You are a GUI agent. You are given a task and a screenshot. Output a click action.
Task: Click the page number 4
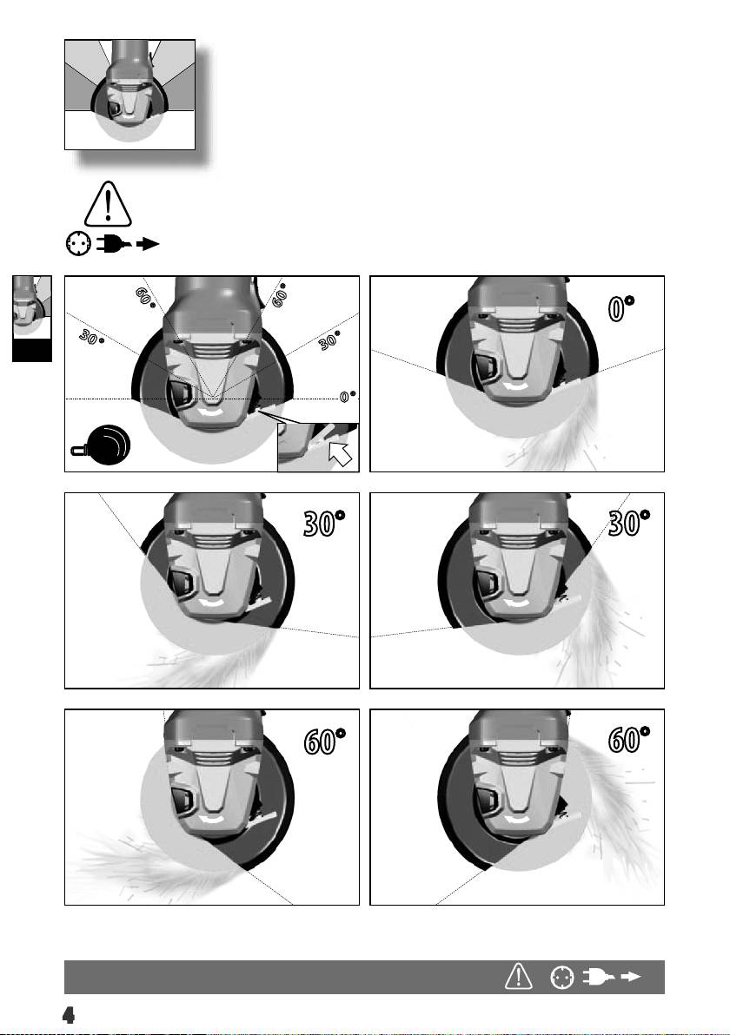(x=68, y=1014)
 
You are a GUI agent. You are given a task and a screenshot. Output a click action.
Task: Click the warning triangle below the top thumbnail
(x=108, y=205)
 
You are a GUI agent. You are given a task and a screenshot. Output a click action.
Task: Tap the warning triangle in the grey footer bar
(x=519, y=976)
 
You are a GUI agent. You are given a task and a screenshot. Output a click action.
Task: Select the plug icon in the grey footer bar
(x=598, y=977)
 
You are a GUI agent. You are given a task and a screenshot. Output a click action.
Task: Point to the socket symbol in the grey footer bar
(x=561, y=977)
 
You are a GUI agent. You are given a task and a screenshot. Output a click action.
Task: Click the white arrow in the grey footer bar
(x=631, y=977)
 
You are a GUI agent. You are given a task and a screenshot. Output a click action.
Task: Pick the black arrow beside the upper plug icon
(x=148, y=244)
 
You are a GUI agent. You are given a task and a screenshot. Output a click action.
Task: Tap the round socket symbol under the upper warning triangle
(x=78, y=244)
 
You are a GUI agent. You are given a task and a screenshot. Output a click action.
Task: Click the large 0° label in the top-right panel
(x=620, y=308)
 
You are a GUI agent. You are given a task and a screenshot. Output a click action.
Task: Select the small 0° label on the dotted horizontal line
(x=348, y=396)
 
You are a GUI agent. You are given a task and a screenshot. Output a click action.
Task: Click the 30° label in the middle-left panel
(x=323, y=523)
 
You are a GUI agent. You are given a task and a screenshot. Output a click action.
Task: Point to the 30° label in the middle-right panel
(x=629, y=523)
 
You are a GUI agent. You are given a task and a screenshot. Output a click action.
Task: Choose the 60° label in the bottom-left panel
(x=324, y=741)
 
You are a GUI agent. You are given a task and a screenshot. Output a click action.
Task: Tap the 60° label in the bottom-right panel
(x=629, y=739)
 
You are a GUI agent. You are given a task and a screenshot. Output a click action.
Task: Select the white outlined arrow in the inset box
(x=341, y=453)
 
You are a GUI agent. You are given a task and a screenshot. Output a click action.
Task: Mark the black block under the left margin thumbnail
(x=31, y=351)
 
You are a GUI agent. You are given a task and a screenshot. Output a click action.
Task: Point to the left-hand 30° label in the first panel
(x=92, y=337)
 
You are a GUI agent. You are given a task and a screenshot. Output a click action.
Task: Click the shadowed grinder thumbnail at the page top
(x=130, y=95)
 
